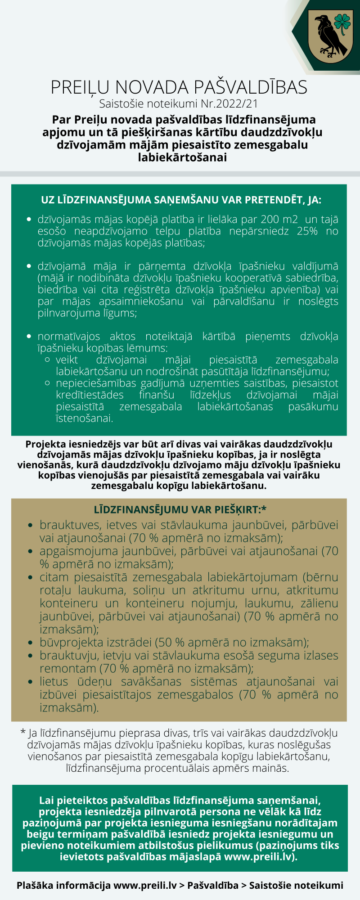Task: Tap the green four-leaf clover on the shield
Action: pos(342,22)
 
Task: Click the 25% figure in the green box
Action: pos(307,231)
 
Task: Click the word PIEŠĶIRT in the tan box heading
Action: pos(238,509)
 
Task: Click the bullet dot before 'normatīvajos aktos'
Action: pos(29,337)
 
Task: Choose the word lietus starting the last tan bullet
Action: pos(54,682)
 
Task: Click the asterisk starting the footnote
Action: pos(23,733)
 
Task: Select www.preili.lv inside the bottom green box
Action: pos(259,856)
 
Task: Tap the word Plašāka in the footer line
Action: pos(35,886)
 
